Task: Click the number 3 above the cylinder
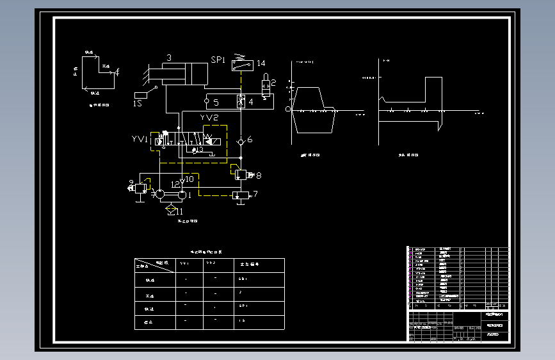[x=169, y=58]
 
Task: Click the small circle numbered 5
[x=207, y=101]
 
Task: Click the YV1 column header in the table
[x=184, y=264]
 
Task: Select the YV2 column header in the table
[x=211, y=264]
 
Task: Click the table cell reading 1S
[x=242, y=320]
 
